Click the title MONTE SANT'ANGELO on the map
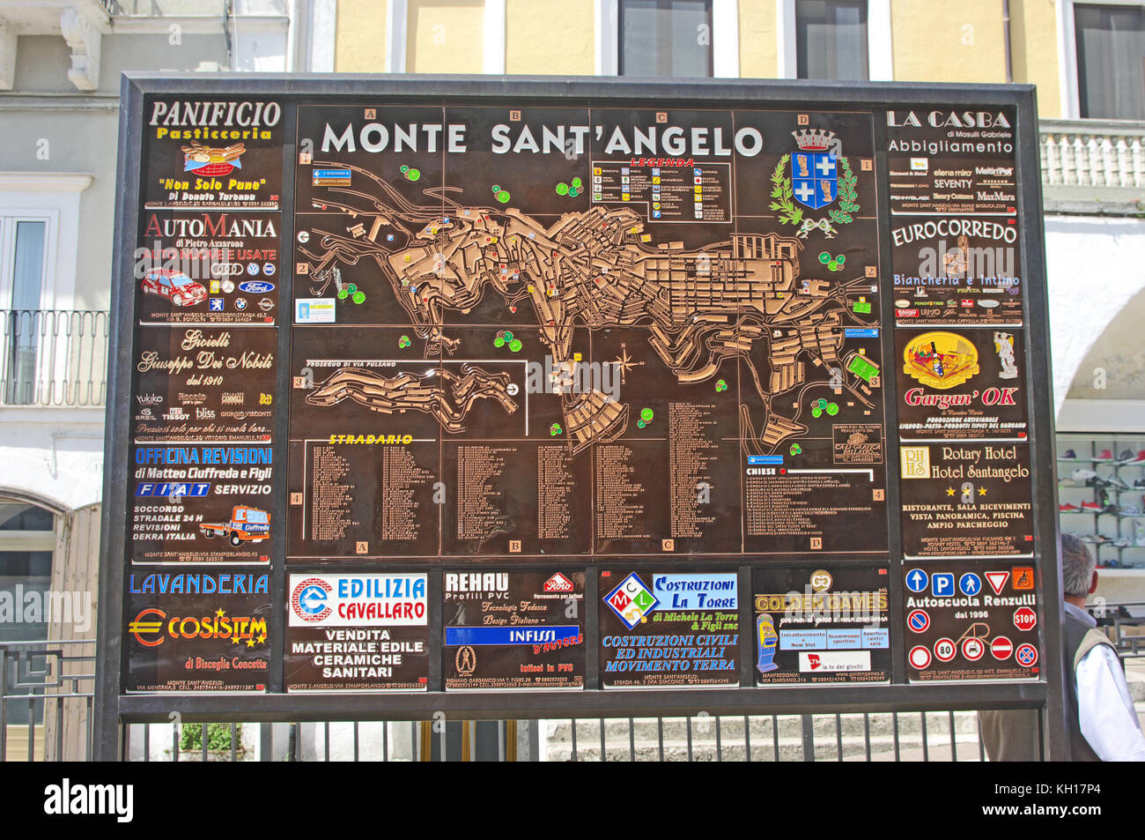tap(541, 139)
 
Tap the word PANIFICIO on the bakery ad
tap(214, 115)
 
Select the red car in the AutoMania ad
tap(174, 286)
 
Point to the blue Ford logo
tap(254, 286)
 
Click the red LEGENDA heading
tap(661, 163)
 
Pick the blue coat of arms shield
tap(813, 179)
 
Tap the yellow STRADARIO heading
tap(370, 439)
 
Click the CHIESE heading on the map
tap(761, 472)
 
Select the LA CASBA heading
tap(948, 119)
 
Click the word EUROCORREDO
tap(954, 233)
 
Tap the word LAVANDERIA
tap(199, 584)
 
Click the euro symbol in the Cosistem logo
tap(146, 628)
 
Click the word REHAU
tap(476, 583)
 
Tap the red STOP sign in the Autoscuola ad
tap(1023, 618)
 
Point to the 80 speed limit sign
tap(944, 650)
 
